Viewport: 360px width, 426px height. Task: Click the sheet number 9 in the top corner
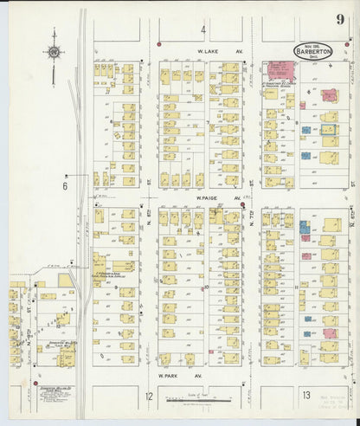(x=344, y=14)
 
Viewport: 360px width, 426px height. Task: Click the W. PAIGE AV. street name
(x=205, y=197)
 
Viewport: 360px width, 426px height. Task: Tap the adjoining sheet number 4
(x=204, y=30)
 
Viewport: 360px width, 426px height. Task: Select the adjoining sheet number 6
(x=63, y=184)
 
